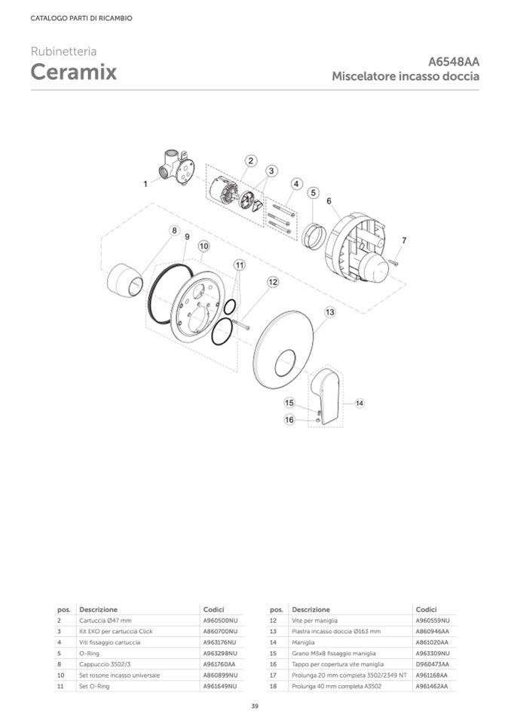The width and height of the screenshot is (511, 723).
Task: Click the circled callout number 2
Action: pyautogui.click(x=251, y=161)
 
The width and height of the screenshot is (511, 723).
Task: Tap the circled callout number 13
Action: pyautogui.click(x=329, y=312)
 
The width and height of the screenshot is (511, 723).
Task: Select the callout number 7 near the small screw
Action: pyautogui.click(x=404, y=240)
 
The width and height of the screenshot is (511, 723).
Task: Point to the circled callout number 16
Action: pyautogui.click(x=289, y=420)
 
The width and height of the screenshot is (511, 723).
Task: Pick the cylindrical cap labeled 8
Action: pyautogui.click(x=125, y=279)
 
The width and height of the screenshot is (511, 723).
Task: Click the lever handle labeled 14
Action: pyautogui.click(x=326, y=396)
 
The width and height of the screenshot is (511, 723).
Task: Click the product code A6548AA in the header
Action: pyautogui.click(x=454, y=61)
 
